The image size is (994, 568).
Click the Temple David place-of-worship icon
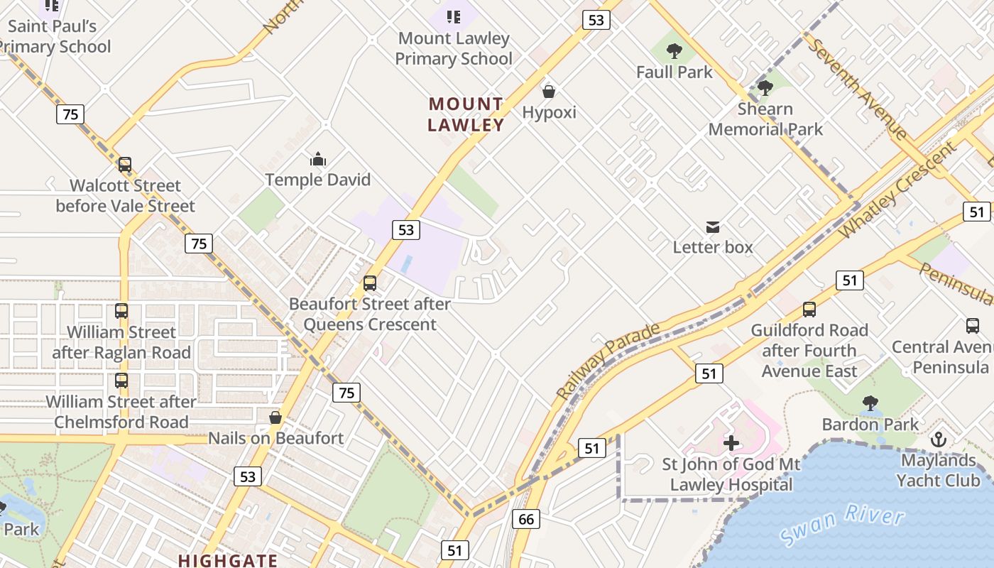318,159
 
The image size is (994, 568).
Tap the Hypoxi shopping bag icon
548,92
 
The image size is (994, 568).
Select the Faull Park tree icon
674,51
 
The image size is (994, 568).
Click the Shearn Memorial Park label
765,119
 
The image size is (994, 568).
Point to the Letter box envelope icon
713,227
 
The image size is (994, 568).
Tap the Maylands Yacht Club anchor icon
939,439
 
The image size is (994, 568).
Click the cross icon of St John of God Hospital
731,444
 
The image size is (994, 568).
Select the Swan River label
842,526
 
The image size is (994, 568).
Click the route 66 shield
526,519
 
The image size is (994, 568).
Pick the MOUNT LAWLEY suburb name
466,114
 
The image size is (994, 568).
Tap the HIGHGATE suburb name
228,560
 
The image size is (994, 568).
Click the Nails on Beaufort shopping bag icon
275,417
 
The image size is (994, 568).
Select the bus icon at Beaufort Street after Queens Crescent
370,283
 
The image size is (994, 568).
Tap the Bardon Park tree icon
870,404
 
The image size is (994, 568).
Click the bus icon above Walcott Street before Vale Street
125,165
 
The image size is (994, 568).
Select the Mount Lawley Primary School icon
454,17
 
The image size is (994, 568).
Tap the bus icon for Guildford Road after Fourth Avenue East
809,310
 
